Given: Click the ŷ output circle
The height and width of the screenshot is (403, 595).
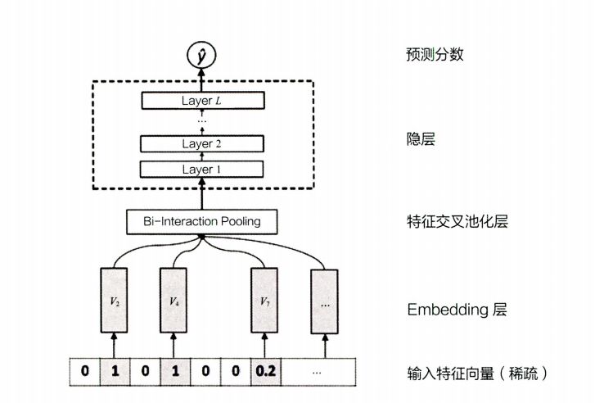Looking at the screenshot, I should click(202, 57).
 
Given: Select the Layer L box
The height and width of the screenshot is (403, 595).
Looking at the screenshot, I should click(202, 101).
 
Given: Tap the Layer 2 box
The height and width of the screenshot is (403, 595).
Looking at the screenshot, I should click(202, 144).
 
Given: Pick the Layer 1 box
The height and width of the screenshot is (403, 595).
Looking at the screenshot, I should click(202, 169).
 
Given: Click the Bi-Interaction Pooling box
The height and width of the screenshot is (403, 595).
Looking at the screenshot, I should click(202, 221).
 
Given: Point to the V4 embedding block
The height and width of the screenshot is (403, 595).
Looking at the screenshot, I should click(174, 300).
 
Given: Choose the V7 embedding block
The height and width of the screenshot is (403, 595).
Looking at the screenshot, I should click(264, 300).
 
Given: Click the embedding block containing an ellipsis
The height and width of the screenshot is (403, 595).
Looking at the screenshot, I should click(324, 300).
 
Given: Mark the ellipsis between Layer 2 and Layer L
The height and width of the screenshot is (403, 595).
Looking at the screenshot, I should click(202, 121).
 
